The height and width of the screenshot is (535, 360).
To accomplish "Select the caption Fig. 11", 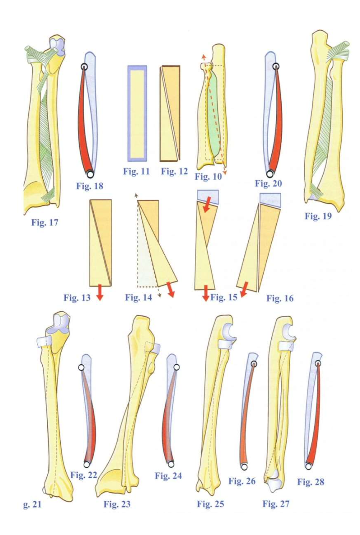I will [136, 171].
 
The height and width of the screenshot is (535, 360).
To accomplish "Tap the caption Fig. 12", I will [174, 171].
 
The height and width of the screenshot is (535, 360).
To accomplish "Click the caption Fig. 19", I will [318, 217].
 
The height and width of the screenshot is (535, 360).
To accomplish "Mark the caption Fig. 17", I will [45, 222].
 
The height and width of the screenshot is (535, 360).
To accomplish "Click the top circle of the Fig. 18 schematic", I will [84, 67].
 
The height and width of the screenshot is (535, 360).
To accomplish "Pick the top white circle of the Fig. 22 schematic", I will [81, 368].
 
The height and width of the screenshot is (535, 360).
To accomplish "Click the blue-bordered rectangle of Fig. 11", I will [137, 113].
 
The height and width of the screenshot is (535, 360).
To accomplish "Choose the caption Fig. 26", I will [242, 481].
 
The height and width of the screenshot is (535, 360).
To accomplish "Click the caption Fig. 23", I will [117, 504].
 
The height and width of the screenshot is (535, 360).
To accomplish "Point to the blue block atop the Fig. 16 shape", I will [270, 199].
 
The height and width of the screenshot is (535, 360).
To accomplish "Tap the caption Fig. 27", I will [276, 504].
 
